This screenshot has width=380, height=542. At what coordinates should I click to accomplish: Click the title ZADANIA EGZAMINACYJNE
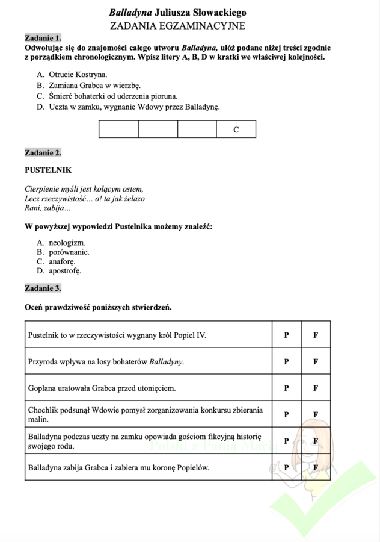coord(178,26)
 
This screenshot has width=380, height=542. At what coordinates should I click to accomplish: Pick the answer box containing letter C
coord(236,129)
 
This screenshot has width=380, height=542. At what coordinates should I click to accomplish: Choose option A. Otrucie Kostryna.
coord(72,74)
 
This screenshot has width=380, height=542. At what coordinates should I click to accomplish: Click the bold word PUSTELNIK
coord(48,170)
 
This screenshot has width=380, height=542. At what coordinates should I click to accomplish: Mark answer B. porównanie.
coord(63,252)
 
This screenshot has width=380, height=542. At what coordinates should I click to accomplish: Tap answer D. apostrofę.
coord(59,271)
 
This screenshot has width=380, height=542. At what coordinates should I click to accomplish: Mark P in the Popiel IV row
coord(287,335)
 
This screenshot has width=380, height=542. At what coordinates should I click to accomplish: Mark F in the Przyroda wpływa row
coord(315,362)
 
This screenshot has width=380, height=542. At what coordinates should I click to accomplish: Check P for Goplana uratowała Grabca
coord(287,388)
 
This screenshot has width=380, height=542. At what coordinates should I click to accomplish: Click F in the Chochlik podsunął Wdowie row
coord(315,414)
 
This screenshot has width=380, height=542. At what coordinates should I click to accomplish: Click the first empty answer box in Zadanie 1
coord(118,129)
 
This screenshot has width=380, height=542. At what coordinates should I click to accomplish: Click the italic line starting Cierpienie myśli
coord(84,188)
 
